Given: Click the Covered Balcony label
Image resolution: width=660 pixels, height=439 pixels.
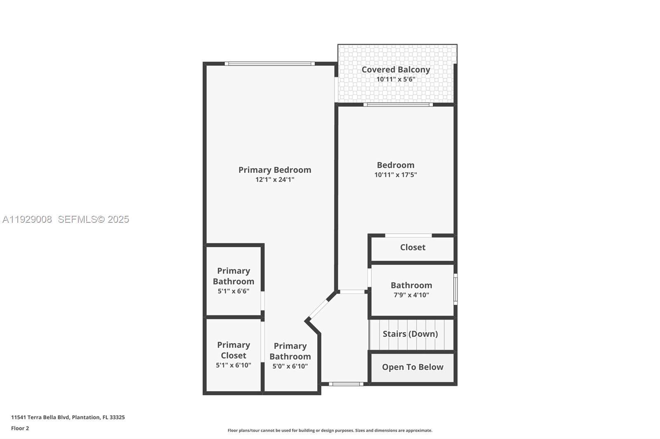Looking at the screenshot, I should pos(396,70).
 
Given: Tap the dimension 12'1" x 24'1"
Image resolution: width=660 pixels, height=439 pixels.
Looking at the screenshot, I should pos(275,180).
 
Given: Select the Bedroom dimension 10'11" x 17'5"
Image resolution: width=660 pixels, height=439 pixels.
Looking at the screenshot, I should pos(396,175).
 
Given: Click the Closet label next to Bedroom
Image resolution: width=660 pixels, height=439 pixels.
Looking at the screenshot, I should pos(412,247).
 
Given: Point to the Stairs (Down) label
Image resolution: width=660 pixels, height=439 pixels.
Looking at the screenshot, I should pos(410,334).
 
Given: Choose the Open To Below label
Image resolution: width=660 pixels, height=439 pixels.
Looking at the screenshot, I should pos(412,367).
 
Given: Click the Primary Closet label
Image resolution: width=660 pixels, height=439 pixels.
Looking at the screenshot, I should pos(233,350).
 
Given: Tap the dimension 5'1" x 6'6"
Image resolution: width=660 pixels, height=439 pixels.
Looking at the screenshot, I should pos(233,291).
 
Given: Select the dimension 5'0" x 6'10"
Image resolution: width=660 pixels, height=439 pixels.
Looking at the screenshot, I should pos(290,366).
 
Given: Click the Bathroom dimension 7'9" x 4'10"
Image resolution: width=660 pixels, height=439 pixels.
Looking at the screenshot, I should pos(411,295).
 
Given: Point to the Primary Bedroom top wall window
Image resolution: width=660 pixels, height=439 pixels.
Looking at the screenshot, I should pos(270,63).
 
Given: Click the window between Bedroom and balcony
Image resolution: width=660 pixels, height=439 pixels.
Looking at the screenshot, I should pos(398,105).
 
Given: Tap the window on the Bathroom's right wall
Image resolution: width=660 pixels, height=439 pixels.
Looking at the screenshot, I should pos(455,290).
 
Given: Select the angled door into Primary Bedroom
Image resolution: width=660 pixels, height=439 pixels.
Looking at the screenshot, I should pos(318,310).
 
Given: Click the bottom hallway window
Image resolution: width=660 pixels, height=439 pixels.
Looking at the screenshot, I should pos(346,384).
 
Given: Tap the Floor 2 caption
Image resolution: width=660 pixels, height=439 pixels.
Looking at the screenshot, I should pos(20,428).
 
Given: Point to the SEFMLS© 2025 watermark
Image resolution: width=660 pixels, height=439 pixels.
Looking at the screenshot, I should pos(93,219).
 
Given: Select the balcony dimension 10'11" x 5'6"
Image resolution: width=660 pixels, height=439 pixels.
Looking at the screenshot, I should pos(396,79).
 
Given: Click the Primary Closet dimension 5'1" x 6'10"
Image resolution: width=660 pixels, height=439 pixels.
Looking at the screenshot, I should pos(233,365).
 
